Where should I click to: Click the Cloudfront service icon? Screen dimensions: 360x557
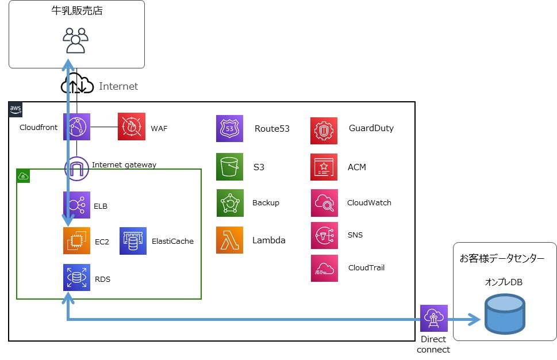coord(76,127)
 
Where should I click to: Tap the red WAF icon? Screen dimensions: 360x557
coord(132,127)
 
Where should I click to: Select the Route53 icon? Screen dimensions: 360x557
coord(230,128)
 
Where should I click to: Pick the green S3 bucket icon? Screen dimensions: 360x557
coord(230,167)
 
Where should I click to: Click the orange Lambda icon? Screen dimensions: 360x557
coord(230,240)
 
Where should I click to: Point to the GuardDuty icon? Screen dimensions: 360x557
coord(324,131)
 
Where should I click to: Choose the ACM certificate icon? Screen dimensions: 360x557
coord(324,167)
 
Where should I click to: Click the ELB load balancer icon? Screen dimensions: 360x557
coord(76,205)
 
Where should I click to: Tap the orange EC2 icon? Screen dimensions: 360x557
coord(76,241)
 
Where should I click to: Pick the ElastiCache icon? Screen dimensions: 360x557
coord(133,241)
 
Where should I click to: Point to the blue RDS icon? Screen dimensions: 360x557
coord(76,278)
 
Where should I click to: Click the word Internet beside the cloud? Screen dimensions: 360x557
coord(118,86)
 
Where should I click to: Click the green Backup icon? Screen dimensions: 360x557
coord(230,203)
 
